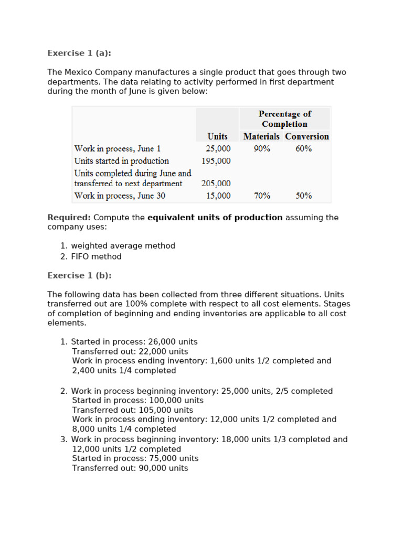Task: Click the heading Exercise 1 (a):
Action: coord(79,53)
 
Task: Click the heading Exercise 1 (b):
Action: coord(79,275)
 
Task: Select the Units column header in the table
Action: coord(217,136)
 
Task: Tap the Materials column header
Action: coord(261,136)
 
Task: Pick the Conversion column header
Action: coord(307,136)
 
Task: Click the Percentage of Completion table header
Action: coord(284,119)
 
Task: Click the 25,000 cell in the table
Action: coord(218,148)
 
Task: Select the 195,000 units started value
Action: coord(216,161)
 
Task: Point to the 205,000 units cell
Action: coord(216,184)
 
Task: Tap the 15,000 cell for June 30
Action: coord(218,196)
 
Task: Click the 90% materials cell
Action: coord(262,148)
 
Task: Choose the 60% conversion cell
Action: coord(303,148)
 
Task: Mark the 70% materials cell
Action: coord(262,196)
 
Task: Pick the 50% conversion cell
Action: coord(303,196)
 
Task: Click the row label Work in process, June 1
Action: coord(118,148)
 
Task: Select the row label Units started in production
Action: coord(122,161)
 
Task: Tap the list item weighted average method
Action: coord(123,245)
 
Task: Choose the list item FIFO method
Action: coord(96,256)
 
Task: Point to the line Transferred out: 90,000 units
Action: coord(130,468)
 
